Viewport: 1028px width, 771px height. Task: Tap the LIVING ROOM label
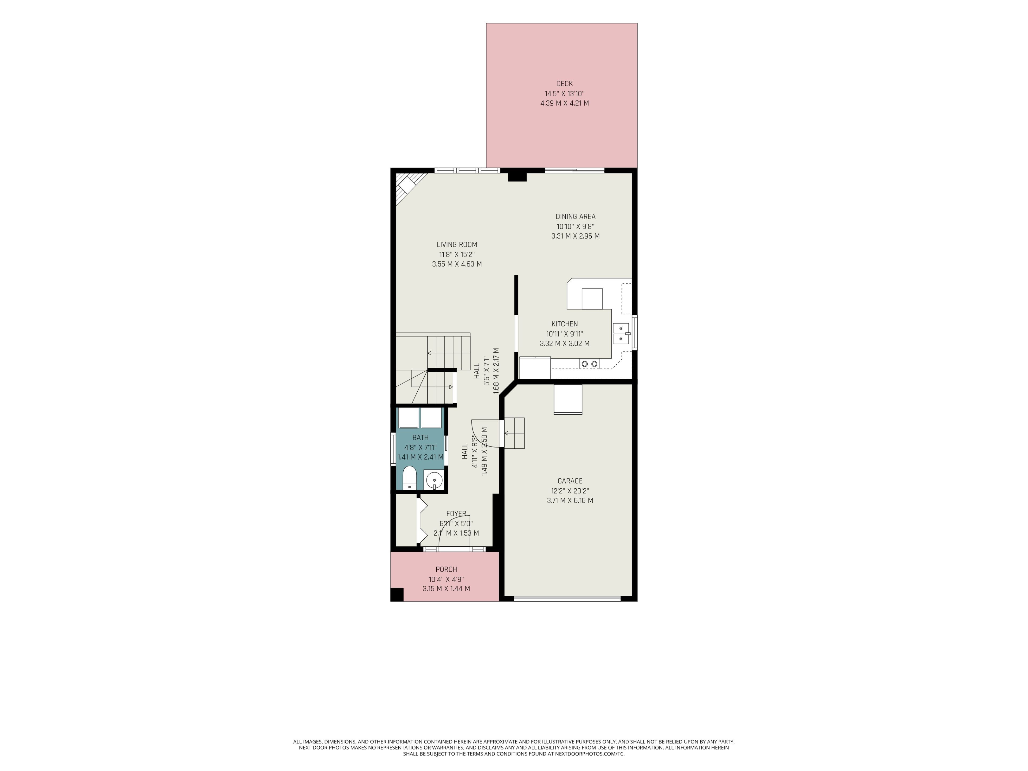coord(457,244)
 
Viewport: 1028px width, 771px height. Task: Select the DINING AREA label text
coord(575,217)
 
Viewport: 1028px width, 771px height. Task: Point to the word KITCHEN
coord(565,324)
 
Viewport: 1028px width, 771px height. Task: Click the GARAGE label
coord(570,481)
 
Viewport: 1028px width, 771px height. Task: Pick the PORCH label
coord(446,569)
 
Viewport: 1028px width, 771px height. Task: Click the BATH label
coord(421,437)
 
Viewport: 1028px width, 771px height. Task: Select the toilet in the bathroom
coord(409,478)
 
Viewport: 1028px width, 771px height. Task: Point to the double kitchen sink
coord(621,334)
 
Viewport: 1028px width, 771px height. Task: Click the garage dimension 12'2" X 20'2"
coord(570,491)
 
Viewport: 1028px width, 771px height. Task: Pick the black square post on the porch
coord(397,594)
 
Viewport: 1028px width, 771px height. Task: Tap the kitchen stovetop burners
coord(589,364)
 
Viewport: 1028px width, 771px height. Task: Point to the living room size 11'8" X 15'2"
coord(457,255)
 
